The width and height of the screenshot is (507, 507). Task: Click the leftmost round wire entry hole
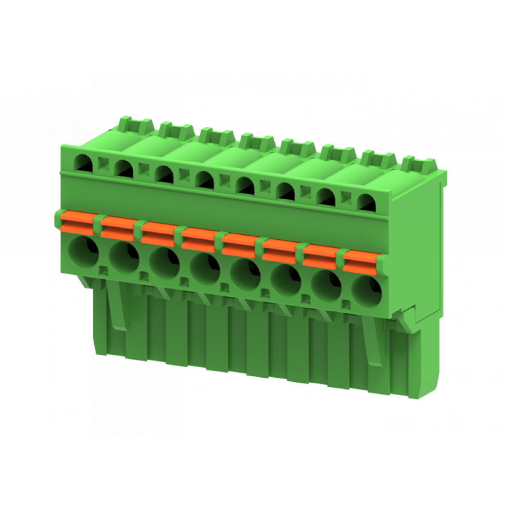(84, 249)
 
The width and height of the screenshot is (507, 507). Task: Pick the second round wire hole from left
(124, 256)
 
